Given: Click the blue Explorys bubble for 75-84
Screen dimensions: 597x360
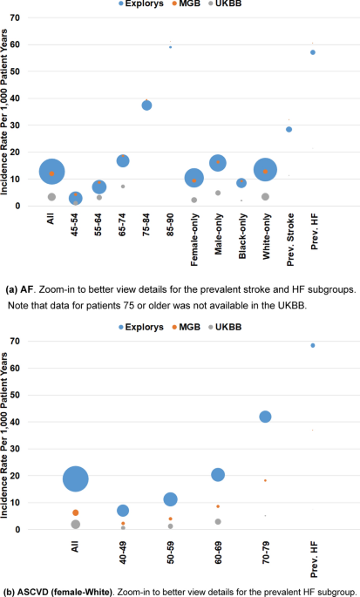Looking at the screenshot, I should point(146,105).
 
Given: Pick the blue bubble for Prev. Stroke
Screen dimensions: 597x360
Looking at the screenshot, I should point(289,129).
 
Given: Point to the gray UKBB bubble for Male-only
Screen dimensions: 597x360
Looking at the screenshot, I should point(218,193).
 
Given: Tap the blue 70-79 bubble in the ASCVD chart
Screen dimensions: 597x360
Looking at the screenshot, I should point(265,417).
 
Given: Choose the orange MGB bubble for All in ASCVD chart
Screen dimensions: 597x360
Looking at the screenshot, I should point(76,512).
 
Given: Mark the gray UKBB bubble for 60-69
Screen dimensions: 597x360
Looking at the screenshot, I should point(218,521).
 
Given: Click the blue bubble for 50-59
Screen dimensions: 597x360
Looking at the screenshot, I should point(171,499).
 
